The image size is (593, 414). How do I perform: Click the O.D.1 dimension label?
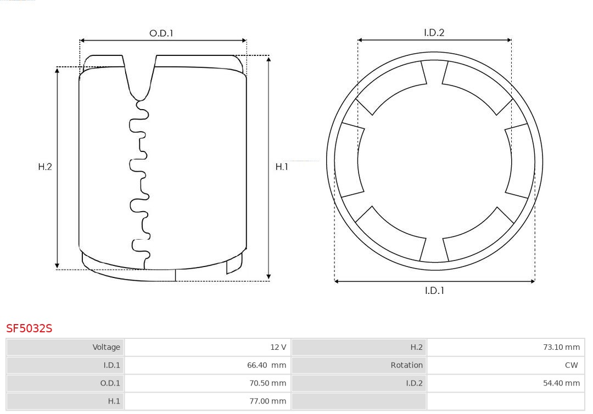pyautogui.click(x=161, y=33)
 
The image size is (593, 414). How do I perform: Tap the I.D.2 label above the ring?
pyautogui.click(x=434, y=32)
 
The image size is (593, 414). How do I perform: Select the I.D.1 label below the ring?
pyautogui.click(x=434, y=291)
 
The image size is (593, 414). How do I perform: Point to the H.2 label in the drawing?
pyautogui.click(x=45, y=167)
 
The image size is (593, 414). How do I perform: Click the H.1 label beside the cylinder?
pyautogui.click(x=282, y=167)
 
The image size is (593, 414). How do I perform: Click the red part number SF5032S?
pyautogui.click(x=29, y=328)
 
